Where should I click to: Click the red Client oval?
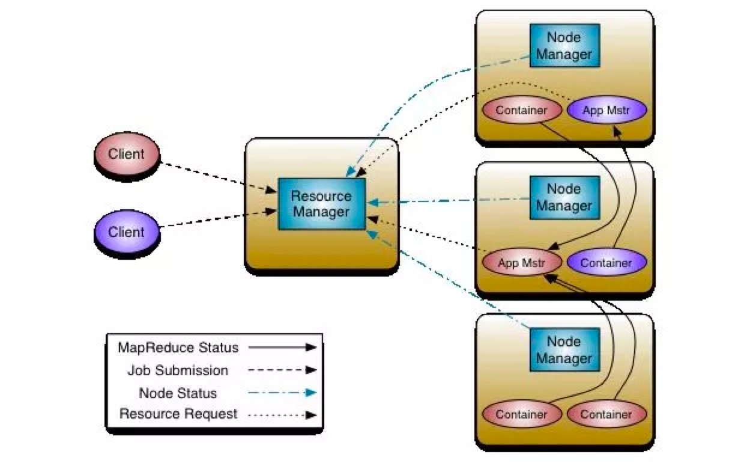pos(127,155)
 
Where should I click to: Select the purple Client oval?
pos(127,232)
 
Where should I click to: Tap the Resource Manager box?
pos(321,204)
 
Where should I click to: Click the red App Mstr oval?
pos(521,263)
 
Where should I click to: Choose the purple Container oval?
pos(606,263)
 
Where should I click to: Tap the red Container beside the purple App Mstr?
pos(521,111)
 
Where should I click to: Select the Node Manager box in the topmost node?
pos(564,46)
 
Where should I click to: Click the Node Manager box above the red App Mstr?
pos(564,197)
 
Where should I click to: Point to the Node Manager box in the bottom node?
pos(564,350)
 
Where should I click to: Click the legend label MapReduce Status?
pos(178,348)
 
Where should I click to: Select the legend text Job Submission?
pos(178,370)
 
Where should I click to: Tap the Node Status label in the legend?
pos(178,393)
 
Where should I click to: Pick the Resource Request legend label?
pos(178,414)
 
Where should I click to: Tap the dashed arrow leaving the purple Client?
pos(216,219)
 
